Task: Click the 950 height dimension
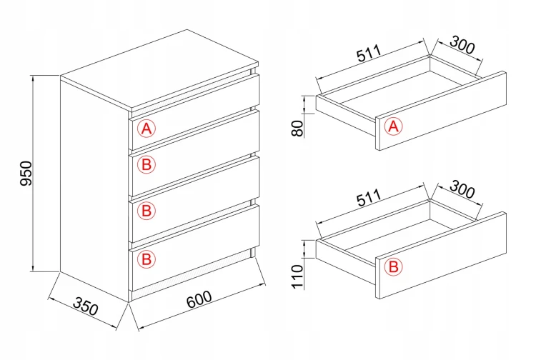[x=26, y=174]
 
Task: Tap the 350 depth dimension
[x=86, y=306]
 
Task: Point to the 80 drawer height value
[x=298, y=129]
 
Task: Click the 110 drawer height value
[x=298, y=276]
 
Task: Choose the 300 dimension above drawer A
[x=462, y=44]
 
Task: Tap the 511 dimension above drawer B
[x=369, y=197]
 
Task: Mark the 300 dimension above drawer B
[x=462, y=189]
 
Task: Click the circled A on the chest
[x=147, y=129]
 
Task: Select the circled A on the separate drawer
[x=394, y=126]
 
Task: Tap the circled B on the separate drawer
[x=394, y=266]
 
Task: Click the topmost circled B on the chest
[x=147, y=164]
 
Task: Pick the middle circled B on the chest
[x=147, y=211]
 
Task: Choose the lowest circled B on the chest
[x=147, y=259]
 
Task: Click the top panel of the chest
[x=159, y=69]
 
